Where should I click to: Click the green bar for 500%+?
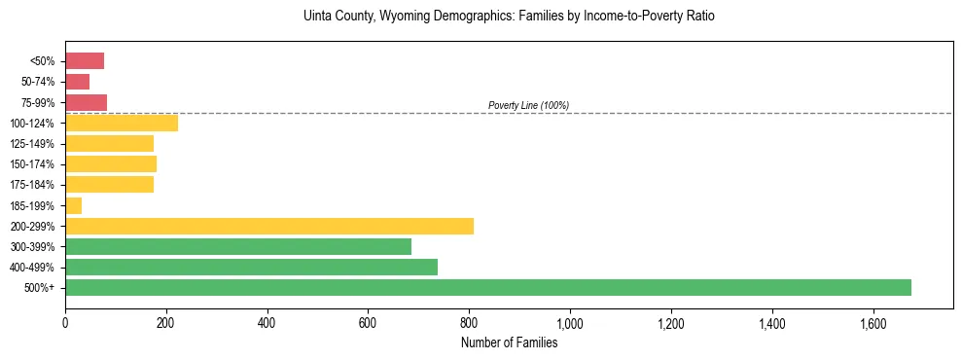coord(487,287)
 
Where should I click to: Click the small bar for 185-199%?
coord(73,205)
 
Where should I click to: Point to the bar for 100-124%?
coord(122,123)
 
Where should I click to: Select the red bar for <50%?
coord(85,61)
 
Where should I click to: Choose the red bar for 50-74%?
coord(77,82)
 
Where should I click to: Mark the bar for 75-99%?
coord(86,102)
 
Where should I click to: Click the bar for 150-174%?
coord(111,163)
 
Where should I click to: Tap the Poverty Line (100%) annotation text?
coord(528,105)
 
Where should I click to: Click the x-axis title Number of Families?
coord(509,342)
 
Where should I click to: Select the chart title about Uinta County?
coord(509,17)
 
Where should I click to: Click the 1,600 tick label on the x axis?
coord(873,323)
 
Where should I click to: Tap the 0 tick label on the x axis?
coord(65,323)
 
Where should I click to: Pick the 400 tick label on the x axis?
coord(267,323)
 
